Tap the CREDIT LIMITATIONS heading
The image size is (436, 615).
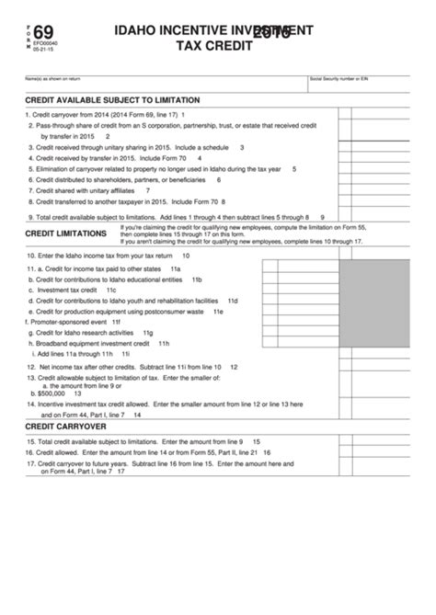pyautogui.click(x=65, y=233)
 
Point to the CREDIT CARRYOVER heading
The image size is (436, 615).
pyautogui.click(x=65, y=427)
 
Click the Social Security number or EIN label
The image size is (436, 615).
pyautogui.click(x=339, y=81)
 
